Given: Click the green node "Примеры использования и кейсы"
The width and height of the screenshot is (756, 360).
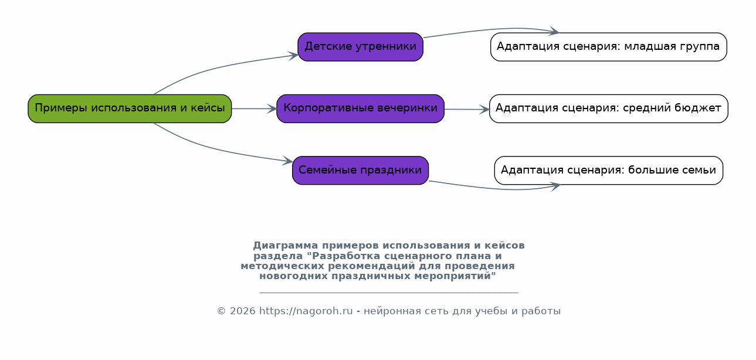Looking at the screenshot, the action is [x=130, y=108].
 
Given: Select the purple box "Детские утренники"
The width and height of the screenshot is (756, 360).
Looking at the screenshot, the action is [x=361, y=47].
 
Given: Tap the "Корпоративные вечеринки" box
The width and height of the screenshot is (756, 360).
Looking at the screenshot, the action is [x=361, y=108].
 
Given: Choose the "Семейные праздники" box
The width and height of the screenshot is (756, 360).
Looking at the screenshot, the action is [x=361, y=171].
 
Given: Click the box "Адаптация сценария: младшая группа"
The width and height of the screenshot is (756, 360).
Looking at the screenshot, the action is [x=609, y=47].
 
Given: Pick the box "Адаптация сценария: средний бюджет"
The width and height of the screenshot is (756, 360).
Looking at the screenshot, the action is [x=609, y=108].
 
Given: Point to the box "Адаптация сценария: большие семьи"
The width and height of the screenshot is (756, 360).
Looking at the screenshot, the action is [x=609, y=171].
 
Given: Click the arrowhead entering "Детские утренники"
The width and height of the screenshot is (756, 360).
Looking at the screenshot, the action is [x=293, y=56].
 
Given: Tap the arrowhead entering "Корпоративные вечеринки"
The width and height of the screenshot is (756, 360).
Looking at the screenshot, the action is [x=272, y=108].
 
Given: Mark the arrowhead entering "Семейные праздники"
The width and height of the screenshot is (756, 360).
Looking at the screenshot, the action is [x=287, y=161].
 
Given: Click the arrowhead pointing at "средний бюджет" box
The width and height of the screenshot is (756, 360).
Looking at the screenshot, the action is [x=484, y=109].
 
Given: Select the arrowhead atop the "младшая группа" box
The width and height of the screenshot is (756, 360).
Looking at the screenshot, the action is [x=554, y=31].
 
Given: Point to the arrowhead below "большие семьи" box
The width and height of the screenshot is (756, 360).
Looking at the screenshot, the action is [x=555, y=186].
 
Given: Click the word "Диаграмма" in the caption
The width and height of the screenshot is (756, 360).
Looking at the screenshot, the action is [x=286, y=245].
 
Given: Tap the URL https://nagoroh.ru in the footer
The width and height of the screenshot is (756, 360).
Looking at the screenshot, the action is [x=306, y=311].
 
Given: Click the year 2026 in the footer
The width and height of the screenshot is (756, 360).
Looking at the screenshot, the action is [x=243, y=311].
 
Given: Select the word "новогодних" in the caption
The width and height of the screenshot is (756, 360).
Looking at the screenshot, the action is [x=293, y=276].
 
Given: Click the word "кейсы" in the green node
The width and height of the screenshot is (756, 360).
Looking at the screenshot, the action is [x=208, y=108].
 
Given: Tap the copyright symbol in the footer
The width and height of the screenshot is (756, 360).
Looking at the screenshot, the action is [x=221, y=311].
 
